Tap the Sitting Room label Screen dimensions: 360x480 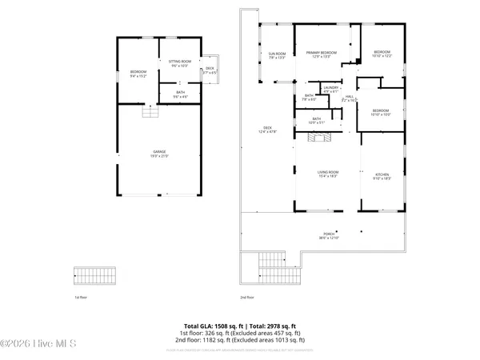tap(179, 64)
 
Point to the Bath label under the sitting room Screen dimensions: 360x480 tap(181, 94)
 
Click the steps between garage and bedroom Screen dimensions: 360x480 tap(148, 113)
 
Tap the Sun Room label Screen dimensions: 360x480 tap(277, 56)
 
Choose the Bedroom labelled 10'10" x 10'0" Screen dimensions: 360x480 tap(380, 113)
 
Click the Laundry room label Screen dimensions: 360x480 tap(330, 90)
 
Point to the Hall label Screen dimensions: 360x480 tap(350, 99)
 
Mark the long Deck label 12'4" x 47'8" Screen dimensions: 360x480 tap(267, 131)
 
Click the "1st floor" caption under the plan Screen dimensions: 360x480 tap(80, 297)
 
